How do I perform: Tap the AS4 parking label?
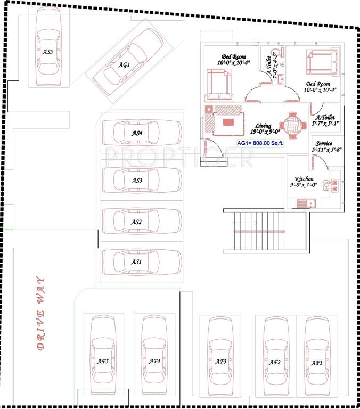pos(137,133)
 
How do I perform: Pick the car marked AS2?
pos(140,222)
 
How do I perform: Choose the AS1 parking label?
pos(137,261)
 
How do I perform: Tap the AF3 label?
pos(221,362)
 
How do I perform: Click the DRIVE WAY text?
pos(40,314)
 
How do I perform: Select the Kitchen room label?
pos(304,179)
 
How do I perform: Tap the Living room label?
pos(263,126)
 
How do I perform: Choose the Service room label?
pos(324,144)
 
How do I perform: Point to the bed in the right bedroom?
pos(321,62)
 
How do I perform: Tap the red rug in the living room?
pos(228,122)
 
